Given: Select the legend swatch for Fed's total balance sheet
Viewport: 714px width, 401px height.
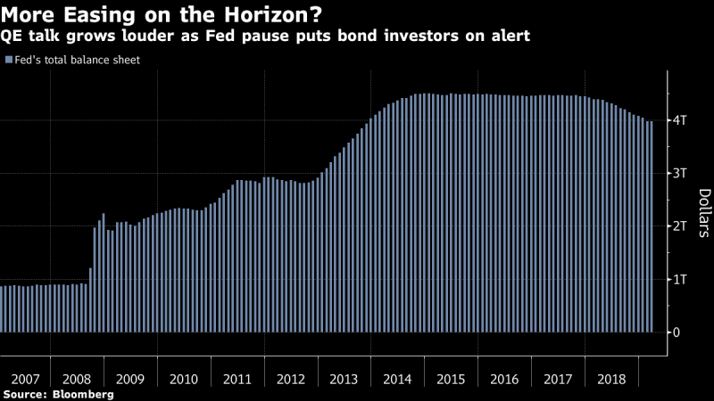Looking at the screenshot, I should pyautogui.click(x=7, y=61).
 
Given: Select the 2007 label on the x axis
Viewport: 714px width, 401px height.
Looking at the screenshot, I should pyautogui.click(x=24, y=379).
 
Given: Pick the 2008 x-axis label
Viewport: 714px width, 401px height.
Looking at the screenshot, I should pyautogui.click(x=78, y=379).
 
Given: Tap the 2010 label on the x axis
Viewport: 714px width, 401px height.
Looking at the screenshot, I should pyautogui.click(x=184, y=379).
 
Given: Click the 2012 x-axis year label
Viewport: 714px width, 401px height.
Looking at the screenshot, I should pyautogui.click(x=291, y=379).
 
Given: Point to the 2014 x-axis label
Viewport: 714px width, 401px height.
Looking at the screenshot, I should pyautogui.click(x=398, y=379).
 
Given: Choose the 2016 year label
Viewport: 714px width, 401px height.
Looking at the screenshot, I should pyautogui.click(x=505, y=379).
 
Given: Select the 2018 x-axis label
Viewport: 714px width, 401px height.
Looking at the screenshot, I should pyautogui.click(x=612, y=379).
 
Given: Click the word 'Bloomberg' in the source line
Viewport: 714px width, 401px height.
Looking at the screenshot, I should pyautogui.click(x=83, y=393).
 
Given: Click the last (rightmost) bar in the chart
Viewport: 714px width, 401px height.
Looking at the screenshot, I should pyautogui.click(x=651, y=227).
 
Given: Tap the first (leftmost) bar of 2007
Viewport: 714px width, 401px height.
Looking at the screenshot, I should pyautogui.click(x=2, y=309).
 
